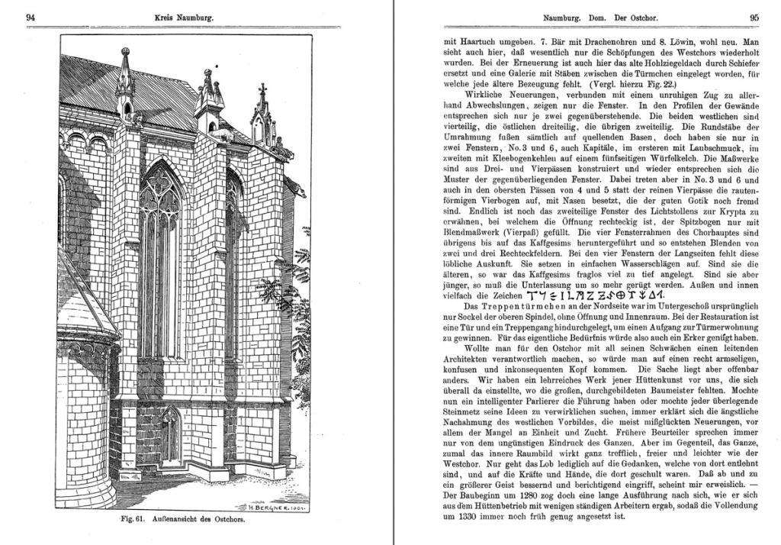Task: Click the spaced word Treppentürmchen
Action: tap(509, 308)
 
